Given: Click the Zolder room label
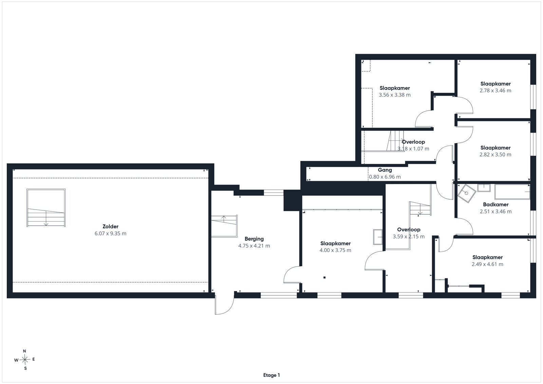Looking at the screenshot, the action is coord(111,227).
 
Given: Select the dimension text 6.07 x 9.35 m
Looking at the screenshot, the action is coord(111,233).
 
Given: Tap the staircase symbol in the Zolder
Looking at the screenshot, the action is coord(46,208).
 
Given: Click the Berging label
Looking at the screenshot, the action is coord(254,239).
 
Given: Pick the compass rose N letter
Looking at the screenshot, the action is coord(24,351).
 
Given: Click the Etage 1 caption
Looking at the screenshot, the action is coord(271,375).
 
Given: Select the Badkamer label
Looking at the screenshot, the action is coord(496,205).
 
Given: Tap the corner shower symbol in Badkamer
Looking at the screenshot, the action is coord(467,194).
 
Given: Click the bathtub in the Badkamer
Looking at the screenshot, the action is coord(512,192).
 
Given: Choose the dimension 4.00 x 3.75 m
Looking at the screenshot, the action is coord(335,250).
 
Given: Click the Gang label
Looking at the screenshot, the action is coord(385,170).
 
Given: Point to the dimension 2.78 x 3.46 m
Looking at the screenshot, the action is coord(495,91).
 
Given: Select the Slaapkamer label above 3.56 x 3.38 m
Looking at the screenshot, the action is coord(395,88).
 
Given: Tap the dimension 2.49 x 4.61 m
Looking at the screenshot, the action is coord(487,264).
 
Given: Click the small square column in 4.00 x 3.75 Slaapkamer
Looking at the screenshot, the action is coord(324,277).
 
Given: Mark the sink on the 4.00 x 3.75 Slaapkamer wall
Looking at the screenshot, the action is coord(378,237).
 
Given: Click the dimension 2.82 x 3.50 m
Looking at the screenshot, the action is coord(495,155).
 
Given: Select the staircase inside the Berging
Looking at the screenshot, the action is coord(224,226).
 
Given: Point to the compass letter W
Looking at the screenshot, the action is coord(16,360).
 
